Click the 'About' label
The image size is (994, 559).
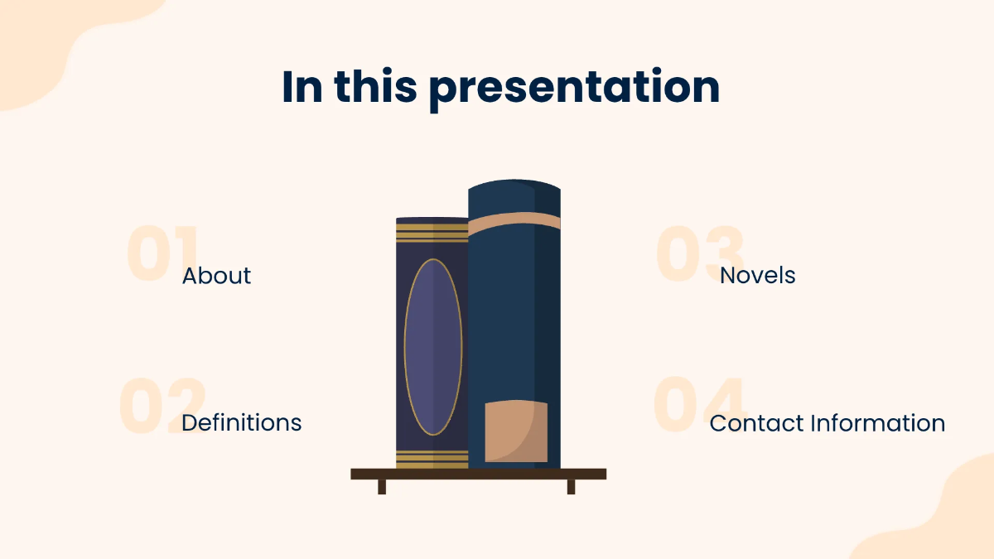coord(216,276)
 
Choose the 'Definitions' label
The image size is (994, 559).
coord(241,422)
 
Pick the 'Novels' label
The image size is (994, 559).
coord(757,276)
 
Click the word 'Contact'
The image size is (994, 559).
coord(756,423)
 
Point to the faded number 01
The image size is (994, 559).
coord(161,253)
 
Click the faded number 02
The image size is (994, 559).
coord(161,405)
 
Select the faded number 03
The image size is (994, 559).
coord(700,253)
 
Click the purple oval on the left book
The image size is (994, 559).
coord(432,347)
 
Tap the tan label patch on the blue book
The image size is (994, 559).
coord(516,431)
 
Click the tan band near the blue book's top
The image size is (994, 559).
coord(514,222)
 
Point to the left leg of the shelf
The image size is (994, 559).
coord(382,487)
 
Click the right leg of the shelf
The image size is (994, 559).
coord(571,487)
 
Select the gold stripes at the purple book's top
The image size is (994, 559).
coord(432,233)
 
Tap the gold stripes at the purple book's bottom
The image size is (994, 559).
coord(432,460)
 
